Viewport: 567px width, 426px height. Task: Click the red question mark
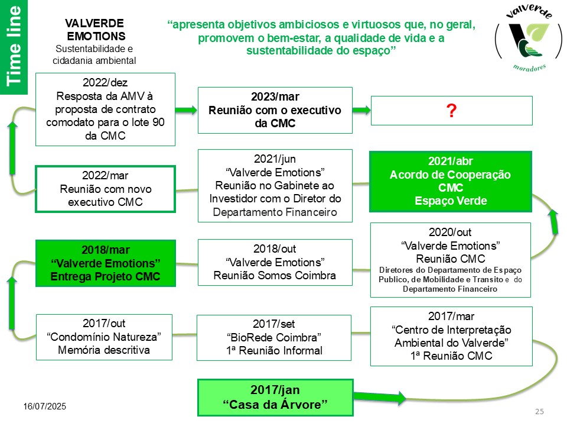451,110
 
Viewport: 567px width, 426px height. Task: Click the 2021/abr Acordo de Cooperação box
451,182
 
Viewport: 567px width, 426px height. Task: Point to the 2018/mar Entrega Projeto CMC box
105,262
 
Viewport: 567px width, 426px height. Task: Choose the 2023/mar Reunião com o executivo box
275,110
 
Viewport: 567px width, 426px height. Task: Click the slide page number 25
539,411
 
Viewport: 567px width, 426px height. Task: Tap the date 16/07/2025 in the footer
45,406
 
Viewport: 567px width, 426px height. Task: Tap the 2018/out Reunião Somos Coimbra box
275,262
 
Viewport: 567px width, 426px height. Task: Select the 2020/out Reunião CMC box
451,259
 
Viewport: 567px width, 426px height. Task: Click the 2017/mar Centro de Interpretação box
451,336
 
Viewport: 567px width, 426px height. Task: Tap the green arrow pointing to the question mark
361,110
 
